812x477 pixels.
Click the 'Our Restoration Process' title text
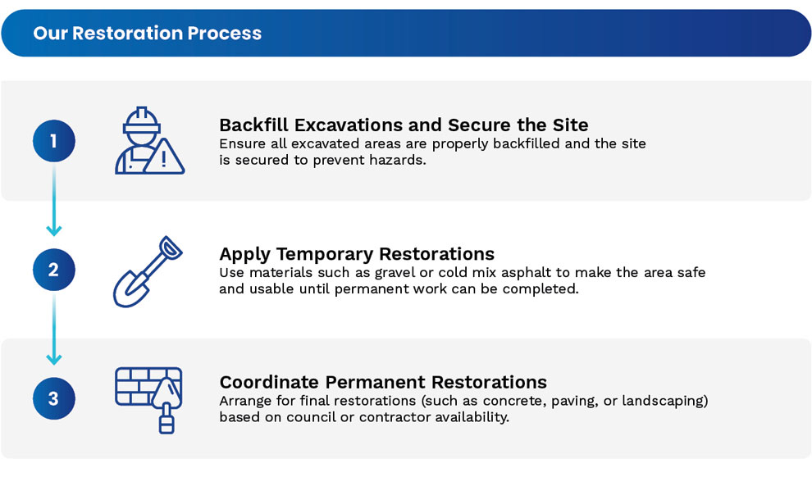click(148, 33)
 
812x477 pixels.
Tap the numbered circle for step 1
click(54, 141)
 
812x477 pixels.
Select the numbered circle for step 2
click(54, 270)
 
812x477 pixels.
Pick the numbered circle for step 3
click(54, 398)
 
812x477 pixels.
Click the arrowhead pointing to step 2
click(54, 230)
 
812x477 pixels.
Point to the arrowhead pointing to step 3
click(54, 358)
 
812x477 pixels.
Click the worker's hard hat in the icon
click(141, 120)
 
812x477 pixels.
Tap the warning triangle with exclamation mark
click(164, 157)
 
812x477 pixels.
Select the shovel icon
click(148, 271)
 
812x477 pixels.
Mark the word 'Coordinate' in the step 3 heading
click(269, 382)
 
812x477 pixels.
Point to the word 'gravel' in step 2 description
click(395, 273)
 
